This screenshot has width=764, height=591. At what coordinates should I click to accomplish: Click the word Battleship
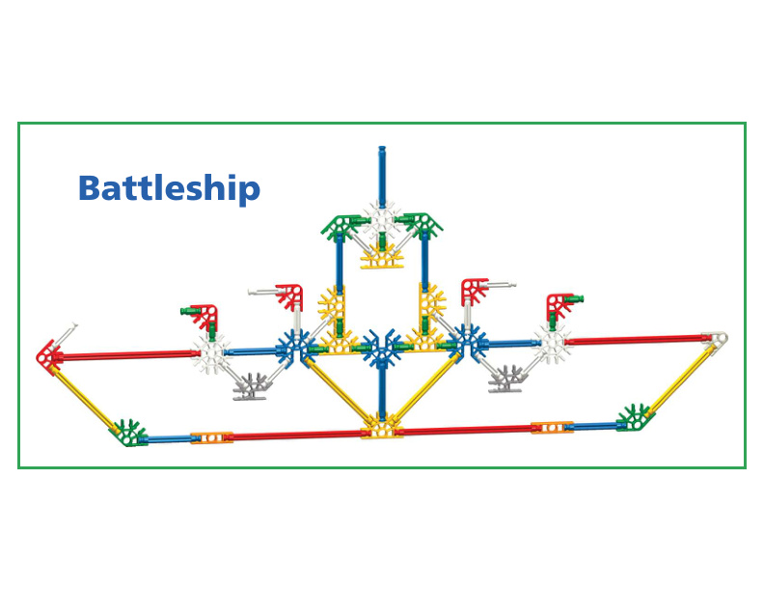point(169,187)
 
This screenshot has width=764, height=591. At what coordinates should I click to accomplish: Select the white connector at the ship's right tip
point(716,340)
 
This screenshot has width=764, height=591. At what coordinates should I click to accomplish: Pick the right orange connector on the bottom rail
point(552,427)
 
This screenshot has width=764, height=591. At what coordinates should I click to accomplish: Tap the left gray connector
point(254,386)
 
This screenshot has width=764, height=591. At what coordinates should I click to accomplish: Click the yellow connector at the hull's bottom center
point(381,426)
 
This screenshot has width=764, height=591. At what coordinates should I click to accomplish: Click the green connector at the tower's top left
point(340,226)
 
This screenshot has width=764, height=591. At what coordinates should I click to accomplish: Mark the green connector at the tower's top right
point(424,224)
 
